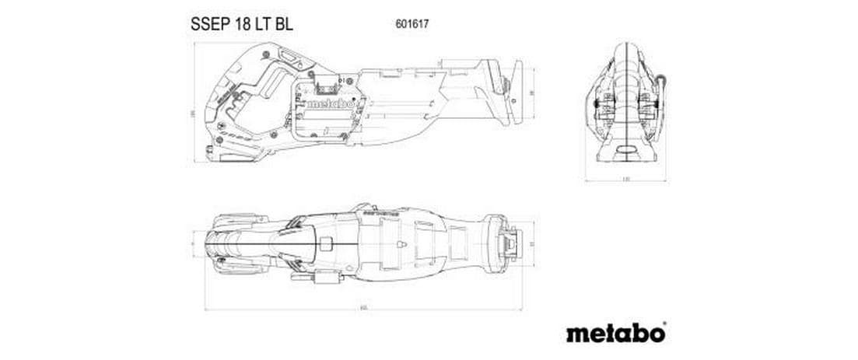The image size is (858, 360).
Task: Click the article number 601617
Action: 413,24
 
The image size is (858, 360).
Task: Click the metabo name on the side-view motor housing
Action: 327,103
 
